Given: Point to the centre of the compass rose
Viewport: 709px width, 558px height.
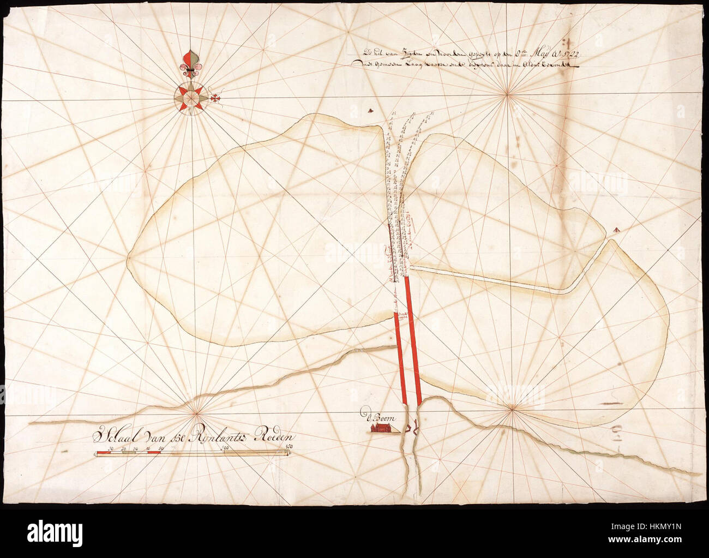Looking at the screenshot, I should point(190,97).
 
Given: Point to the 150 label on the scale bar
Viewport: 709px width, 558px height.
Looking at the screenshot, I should point(290,448).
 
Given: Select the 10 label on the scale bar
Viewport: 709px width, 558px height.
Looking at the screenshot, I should point(111,448).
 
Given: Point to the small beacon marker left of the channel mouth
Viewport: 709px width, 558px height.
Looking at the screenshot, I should point(371,110).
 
